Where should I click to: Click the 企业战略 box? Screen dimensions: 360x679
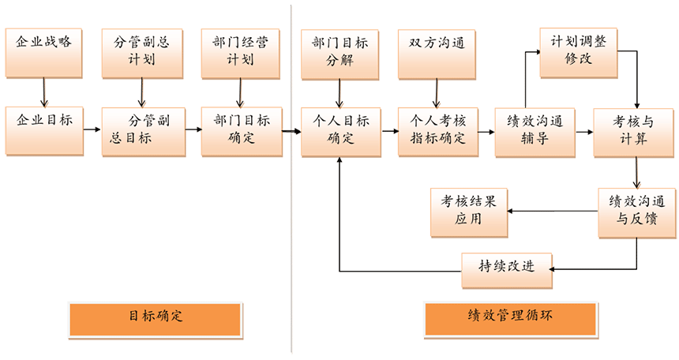coord(43,53)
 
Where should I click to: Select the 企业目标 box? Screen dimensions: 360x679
coord(43,129)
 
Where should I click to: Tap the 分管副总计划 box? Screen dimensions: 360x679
coord(142,53)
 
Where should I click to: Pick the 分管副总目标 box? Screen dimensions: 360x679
coord(142,131)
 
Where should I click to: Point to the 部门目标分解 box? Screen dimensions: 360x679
coord(340,53)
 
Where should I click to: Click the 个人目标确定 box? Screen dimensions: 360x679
coord(340,131)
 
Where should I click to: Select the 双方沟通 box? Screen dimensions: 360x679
coord(437,53)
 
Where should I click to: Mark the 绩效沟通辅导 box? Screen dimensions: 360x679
coord(535,131)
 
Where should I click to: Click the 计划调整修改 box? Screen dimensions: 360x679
coord(579,52)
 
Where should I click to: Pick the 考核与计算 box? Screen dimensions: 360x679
coord(634,131)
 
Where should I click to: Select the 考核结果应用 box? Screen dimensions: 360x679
coord(468,212)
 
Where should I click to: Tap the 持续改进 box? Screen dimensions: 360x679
coord(506,267)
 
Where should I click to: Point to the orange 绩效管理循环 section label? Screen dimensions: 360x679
coord(510,317)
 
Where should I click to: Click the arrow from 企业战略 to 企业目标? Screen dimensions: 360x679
coord(44,92)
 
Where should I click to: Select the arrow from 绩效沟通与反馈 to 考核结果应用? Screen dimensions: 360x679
coord(553,211)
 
